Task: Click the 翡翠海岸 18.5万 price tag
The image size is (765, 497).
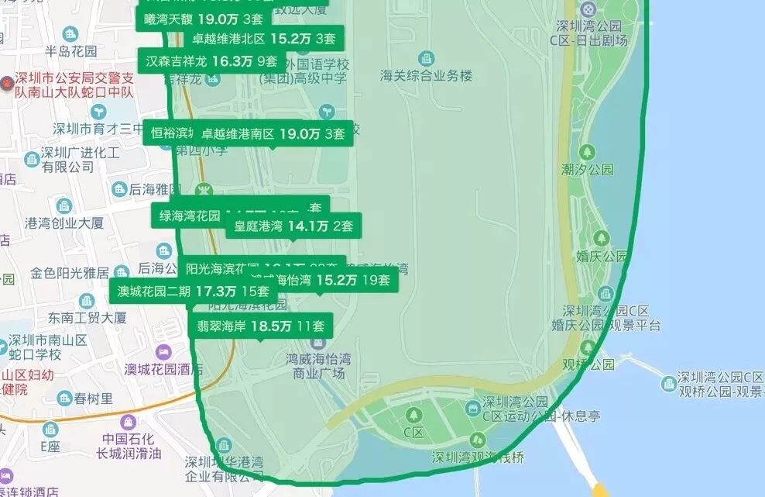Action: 260,326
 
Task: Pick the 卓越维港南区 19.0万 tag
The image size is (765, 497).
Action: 273,133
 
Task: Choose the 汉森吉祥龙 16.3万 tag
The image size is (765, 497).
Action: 211,60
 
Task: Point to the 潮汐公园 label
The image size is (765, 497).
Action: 588,168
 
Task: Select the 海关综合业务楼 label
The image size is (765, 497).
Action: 426,76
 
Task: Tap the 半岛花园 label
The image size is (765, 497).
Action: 71,51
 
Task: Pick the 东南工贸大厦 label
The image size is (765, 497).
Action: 87,318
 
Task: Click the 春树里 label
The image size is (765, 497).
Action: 94,399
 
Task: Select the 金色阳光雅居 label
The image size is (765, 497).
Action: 70,273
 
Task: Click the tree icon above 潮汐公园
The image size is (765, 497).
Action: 588,151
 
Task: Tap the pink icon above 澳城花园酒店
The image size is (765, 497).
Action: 162,353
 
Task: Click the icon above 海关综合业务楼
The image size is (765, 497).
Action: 426,58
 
